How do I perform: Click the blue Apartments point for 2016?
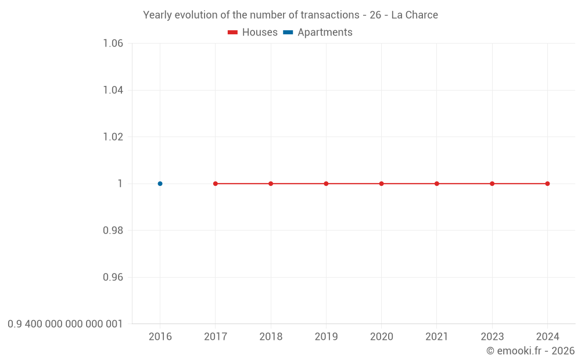[160, 184]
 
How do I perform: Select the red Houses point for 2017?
[216, 184]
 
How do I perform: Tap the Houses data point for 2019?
[326, 184]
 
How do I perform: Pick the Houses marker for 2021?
[437, 184]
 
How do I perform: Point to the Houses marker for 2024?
[547, 184]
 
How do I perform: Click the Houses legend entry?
[253, 33]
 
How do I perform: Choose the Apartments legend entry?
[318, 33]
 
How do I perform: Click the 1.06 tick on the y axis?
[113, 44]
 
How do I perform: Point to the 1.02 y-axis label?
[113, 137]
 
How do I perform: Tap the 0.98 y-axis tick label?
[113, 231]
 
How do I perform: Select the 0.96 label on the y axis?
[113, 277]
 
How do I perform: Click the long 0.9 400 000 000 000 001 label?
[65, 324]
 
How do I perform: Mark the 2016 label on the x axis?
[160, 337]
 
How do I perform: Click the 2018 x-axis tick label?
[271, 337]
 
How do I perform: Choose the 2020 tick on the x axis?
[381, 337]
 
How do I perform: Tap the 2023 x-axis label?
[492, 337]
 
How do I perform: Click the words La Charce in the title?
[414, 15]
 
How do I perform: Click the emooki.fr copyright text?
[530, 351]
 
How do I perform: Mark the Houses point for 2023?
[492, 184]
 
